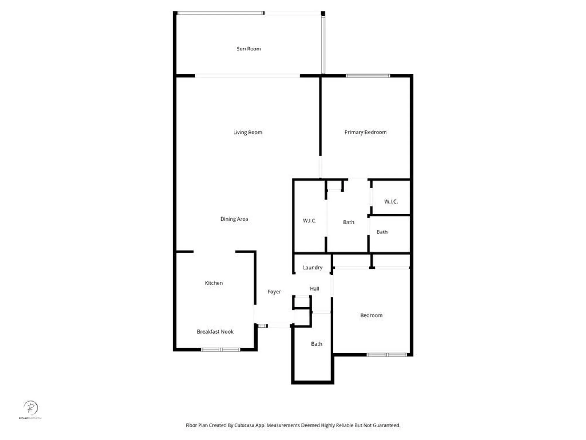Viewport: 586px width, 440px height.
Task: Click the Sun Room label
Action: click(249, 49)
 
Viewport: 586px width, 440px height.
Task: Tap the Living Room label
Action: click(248, 132)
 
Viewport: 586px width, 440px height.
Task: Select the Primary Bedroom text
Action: click(365, 132)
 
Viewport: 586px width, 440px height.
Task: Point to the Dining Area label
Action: click(234, 219)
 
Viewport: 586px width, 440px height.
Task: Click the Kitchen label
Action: click(214, 283)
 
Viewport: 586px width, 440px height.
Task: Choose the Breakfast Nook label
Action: click(215, 331)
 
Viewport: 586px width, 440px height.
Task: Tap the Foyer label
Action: click(274, 292)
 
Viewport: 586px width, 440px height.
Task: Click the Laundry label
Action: click(312, 268)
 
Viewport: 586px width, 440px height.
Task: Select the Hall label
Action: click(314, 289)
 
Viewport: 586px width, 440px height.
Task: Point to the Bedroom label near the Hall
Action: click(371, 315)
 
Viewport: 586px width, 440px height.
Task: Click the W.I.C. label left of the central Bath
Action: click(309, 221)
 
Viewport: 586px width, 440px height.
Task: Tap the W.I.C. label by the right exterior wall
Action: click(391, 202)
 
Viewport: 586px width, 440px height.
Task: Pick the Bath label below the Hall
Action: click(316, 344)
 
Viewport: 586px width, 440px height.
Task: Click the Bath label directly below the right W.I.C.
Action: click(382, 232)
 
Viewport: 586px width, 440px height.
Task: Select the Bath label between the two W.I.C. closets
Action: click(348, 222)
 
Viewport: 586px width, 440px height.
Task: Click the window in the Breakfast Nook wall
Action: click(221, 349)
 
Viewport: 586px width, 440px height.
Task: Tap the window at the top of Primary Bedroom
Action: click(368, 76)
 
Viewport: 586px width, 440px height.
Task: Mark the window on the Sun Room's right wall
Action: click(323, 44)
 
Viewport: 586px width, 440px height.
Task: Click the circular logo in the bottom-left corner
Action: click(30, 408)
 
